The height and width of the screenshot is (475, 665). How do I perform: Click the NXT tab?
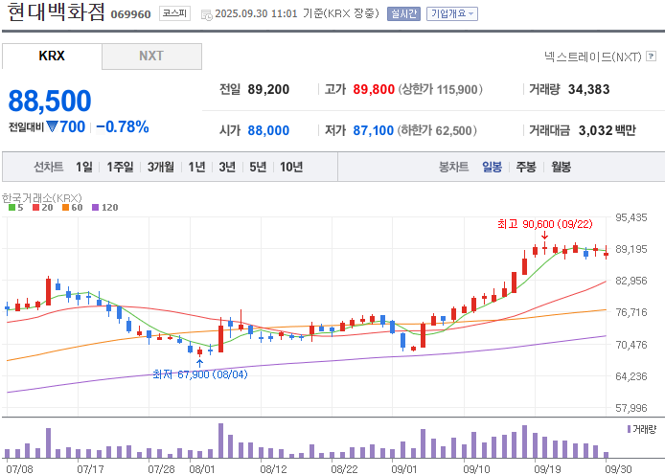[151, 56]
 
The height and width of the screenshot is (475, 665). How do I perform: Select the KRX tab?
[52, 56]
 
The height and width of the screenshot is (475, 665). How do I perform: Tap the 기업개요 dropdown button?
[452, 13]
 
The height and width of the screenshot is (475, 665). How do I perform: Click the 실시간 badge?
[403, 13]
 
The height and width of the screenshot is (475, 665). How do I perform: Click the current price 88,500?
[50, 101]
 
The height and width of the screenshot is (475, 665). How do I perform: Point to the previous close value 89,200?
[268, 89]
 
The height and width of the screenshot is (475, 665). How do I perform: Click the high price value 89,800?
[374, 89]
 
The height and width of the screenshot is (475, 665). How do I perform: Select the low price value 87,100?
[373, 130]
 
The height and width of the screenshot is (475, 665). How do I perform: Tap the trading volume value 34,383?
[588, 89]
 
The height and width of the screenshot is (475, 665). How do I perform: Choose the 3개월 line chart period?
[161, 167]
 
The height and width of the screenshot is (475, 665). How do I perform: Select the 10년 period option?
[291, 167]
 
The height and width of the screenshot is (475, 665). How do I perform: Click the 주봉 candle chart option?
[526, 167]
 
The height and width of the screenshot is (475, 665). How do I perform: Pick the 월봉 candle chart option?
[561, 167]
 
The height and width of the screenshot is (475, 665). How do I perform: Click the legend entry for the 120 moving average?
[105, 207]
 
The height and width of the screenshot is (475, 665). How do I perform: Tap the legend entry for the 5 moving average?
[16, 207]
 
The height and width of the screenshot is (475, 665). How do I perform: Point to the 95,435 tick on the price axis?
[631, 217]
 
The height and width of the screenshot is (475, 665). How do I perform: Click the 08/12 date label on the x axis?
[273, 469]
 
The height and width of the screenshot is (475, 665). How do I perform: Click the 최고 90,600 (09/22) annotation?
[545, 224]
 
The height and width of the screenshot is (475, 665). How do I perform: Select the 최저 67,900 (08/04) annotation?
[200, 374]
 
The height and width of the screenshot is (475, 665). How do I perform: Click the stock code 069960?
[130, 14]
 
